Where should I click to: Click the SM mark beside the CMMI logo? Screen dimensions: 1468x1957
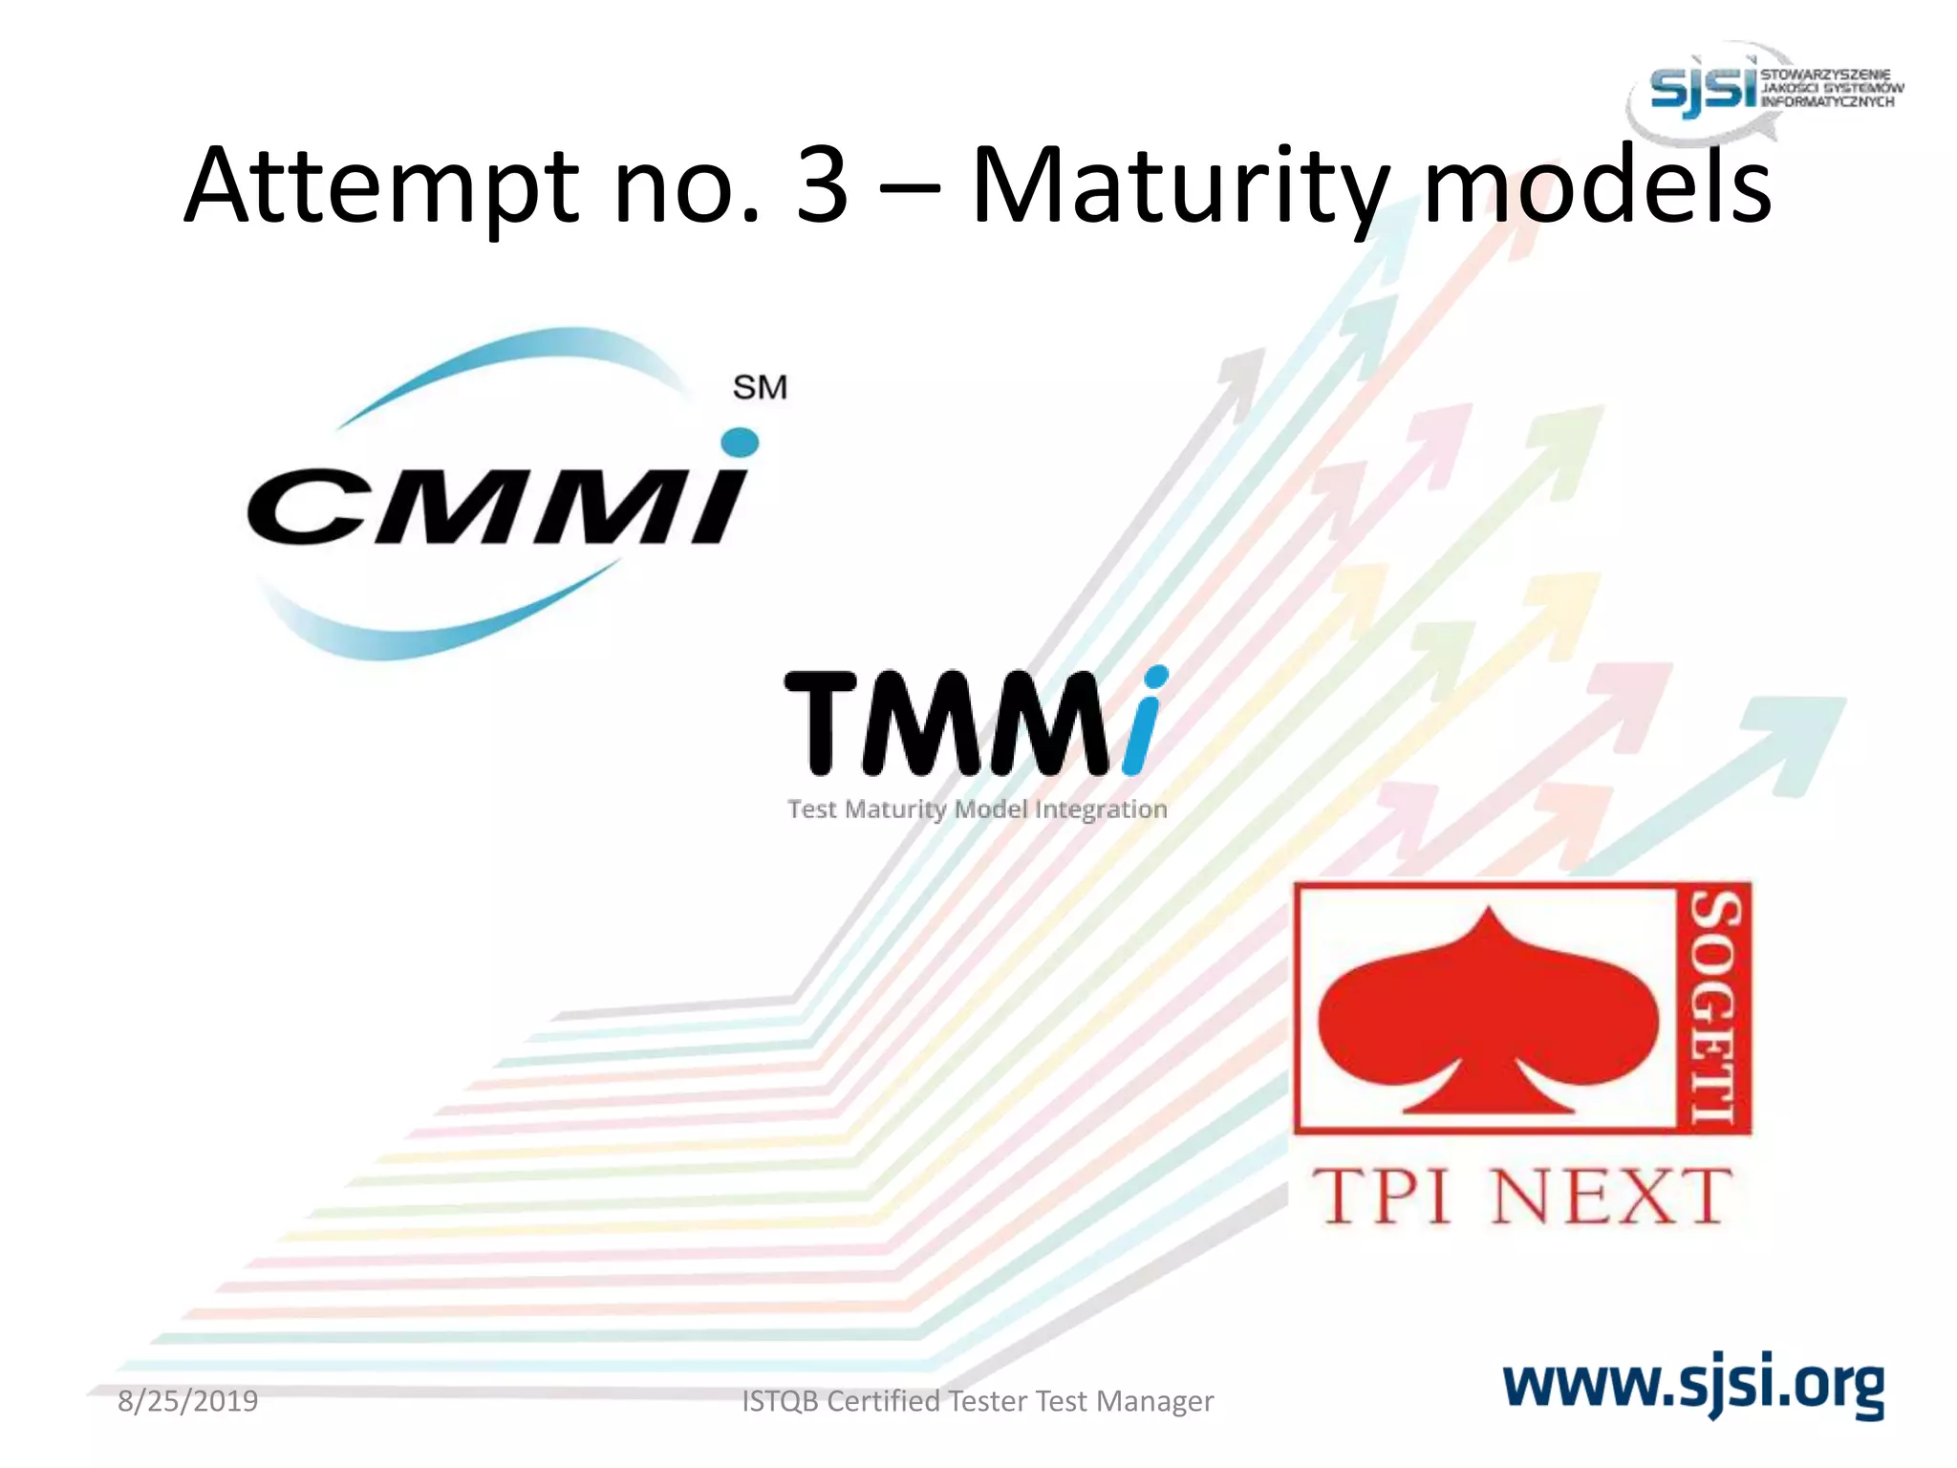[x=760, y=387]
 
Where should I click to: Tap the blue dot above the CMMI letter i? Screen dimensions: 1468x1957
[x=740, y=443]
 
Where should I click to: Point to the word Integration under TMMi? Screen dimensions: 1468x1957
[x=1101, y=810]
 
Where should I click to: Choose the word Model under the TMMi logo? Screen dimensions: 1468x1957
[x=991, y=810]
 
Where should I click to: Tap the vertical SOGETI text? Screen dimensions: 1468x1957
[x=1714, y=1007]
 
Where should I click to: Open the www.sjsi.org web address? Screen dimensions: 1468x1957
[x=1693, y=1385]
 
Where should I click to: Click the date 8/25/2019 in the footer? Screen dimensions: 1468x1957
[x=187, y=1401]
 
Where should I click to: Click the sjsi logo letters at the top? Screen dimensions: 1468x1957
[x=1703, y=91]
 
